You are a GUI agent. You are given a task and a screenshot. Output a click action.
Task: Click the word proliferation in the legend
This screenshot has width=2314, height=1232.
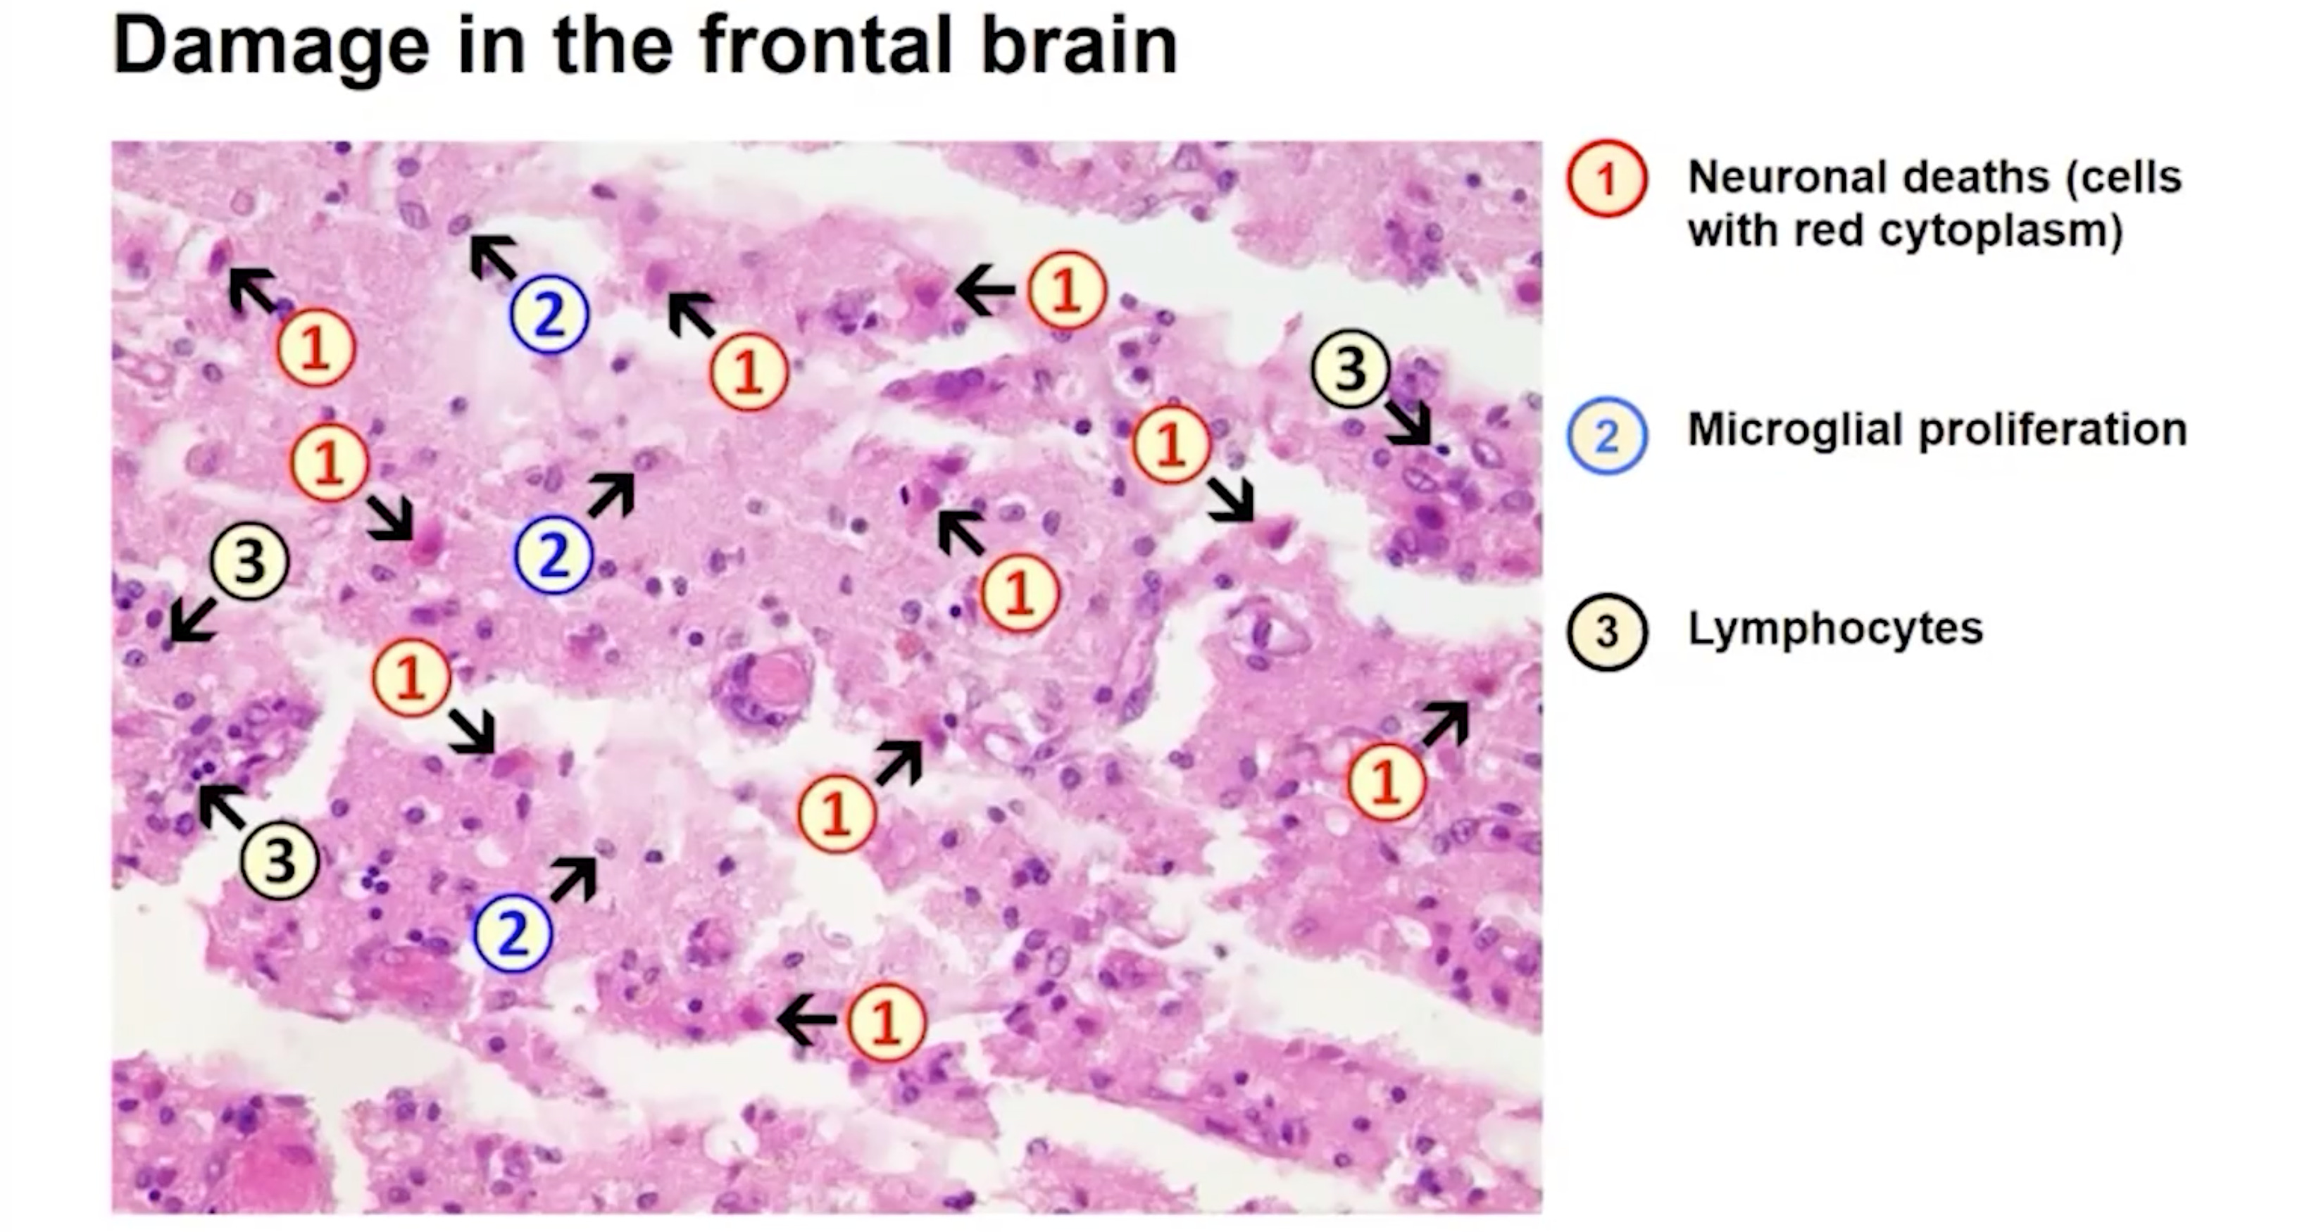[x=2053, y=429]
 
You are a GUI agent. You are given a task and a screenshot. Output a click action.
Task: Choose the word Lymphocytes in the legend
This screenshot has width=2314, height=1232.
[x=1834, y=629]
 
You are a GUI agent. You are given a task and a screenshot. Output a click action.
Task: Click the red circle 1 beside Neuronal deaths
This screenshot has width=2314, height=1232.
[x=1606, y=178]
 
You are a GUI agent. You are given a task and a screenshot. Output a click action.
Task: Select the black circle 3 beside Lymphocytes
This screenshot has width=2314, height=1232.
[x=1606, y=631]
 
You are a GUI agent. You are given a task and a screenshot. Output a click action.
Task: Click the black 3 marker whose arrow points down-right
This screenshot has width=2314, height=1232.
[x=1350, y=369]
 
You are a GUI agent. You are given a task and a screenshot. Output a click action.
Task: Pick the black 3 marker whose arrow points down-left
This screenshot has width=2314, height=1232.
[x=249, y=562]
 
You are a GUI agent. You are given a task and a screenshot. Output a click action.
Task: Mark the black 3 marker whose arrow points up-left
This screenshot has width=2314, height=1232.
[x=280, y=860]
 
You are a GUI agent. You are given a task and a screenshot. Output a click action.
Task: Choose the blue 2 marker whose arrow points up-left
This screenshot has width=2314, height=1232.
[x=549, y=313]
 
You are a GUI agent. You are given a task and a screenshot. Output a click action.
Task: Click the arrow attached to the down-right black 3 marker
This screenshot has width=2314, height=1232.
[x=1408, y=422]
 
